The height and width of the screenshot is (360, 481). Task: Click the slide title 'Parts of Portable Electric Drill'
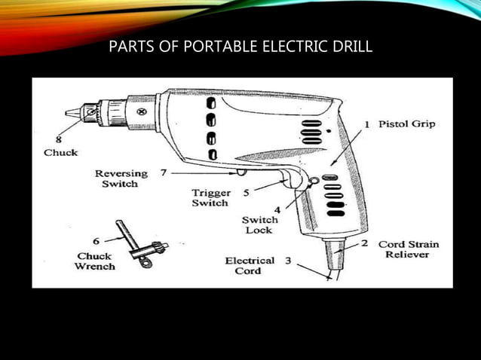pyautogui.click(x=240, y=48)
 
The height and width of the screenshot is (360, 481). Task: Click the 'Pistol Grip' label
pyautogui.click(x=406, y=124)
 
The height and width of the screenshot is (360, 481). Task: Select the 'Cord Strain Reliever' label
pyautogui.click(x=409, y=249)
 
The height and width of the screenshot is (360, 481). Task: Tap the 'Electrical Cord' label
pyautogui.click(x=250, y=266)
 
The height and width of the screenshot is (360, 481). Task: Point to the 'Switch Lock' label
pyautogui.click(x=259, y=225)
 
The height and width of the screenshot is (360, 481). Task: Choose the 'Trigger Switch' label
pyautogui.click(x=210, y=198)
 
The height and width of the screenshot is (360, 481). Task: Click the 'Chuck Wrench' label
pyautogui.click(x=94, y=261)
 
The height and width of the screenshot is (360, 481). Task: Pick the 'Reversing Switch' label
pyautogui.click(x=121, y=179)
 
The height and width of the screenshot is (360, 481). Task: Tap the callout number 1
pyautogui.click(x=366, y=124)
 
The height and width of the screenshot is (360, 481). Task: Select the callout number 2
pyautogui.click(x=364, y=244)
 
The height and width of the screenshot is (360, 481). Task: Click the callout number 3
pyautogui.click(x=288, y=261)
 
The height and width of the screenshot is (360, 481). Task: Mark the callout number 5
pyautogui.click(x=246, y=193)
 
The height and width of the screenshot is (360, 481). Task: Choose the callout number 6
pyautogui.click(x=95, y=241)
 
